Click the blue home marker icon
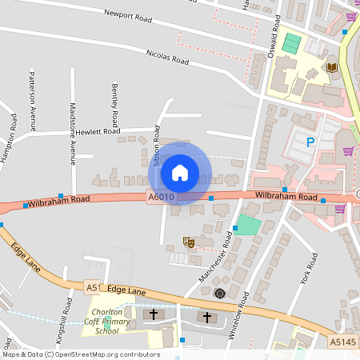click(x=180, y=172)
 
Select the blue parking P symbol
click(x=310, y=142)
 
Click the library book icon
click(x=331, y=67)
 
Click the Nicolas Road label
click(x=167, y=56)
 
